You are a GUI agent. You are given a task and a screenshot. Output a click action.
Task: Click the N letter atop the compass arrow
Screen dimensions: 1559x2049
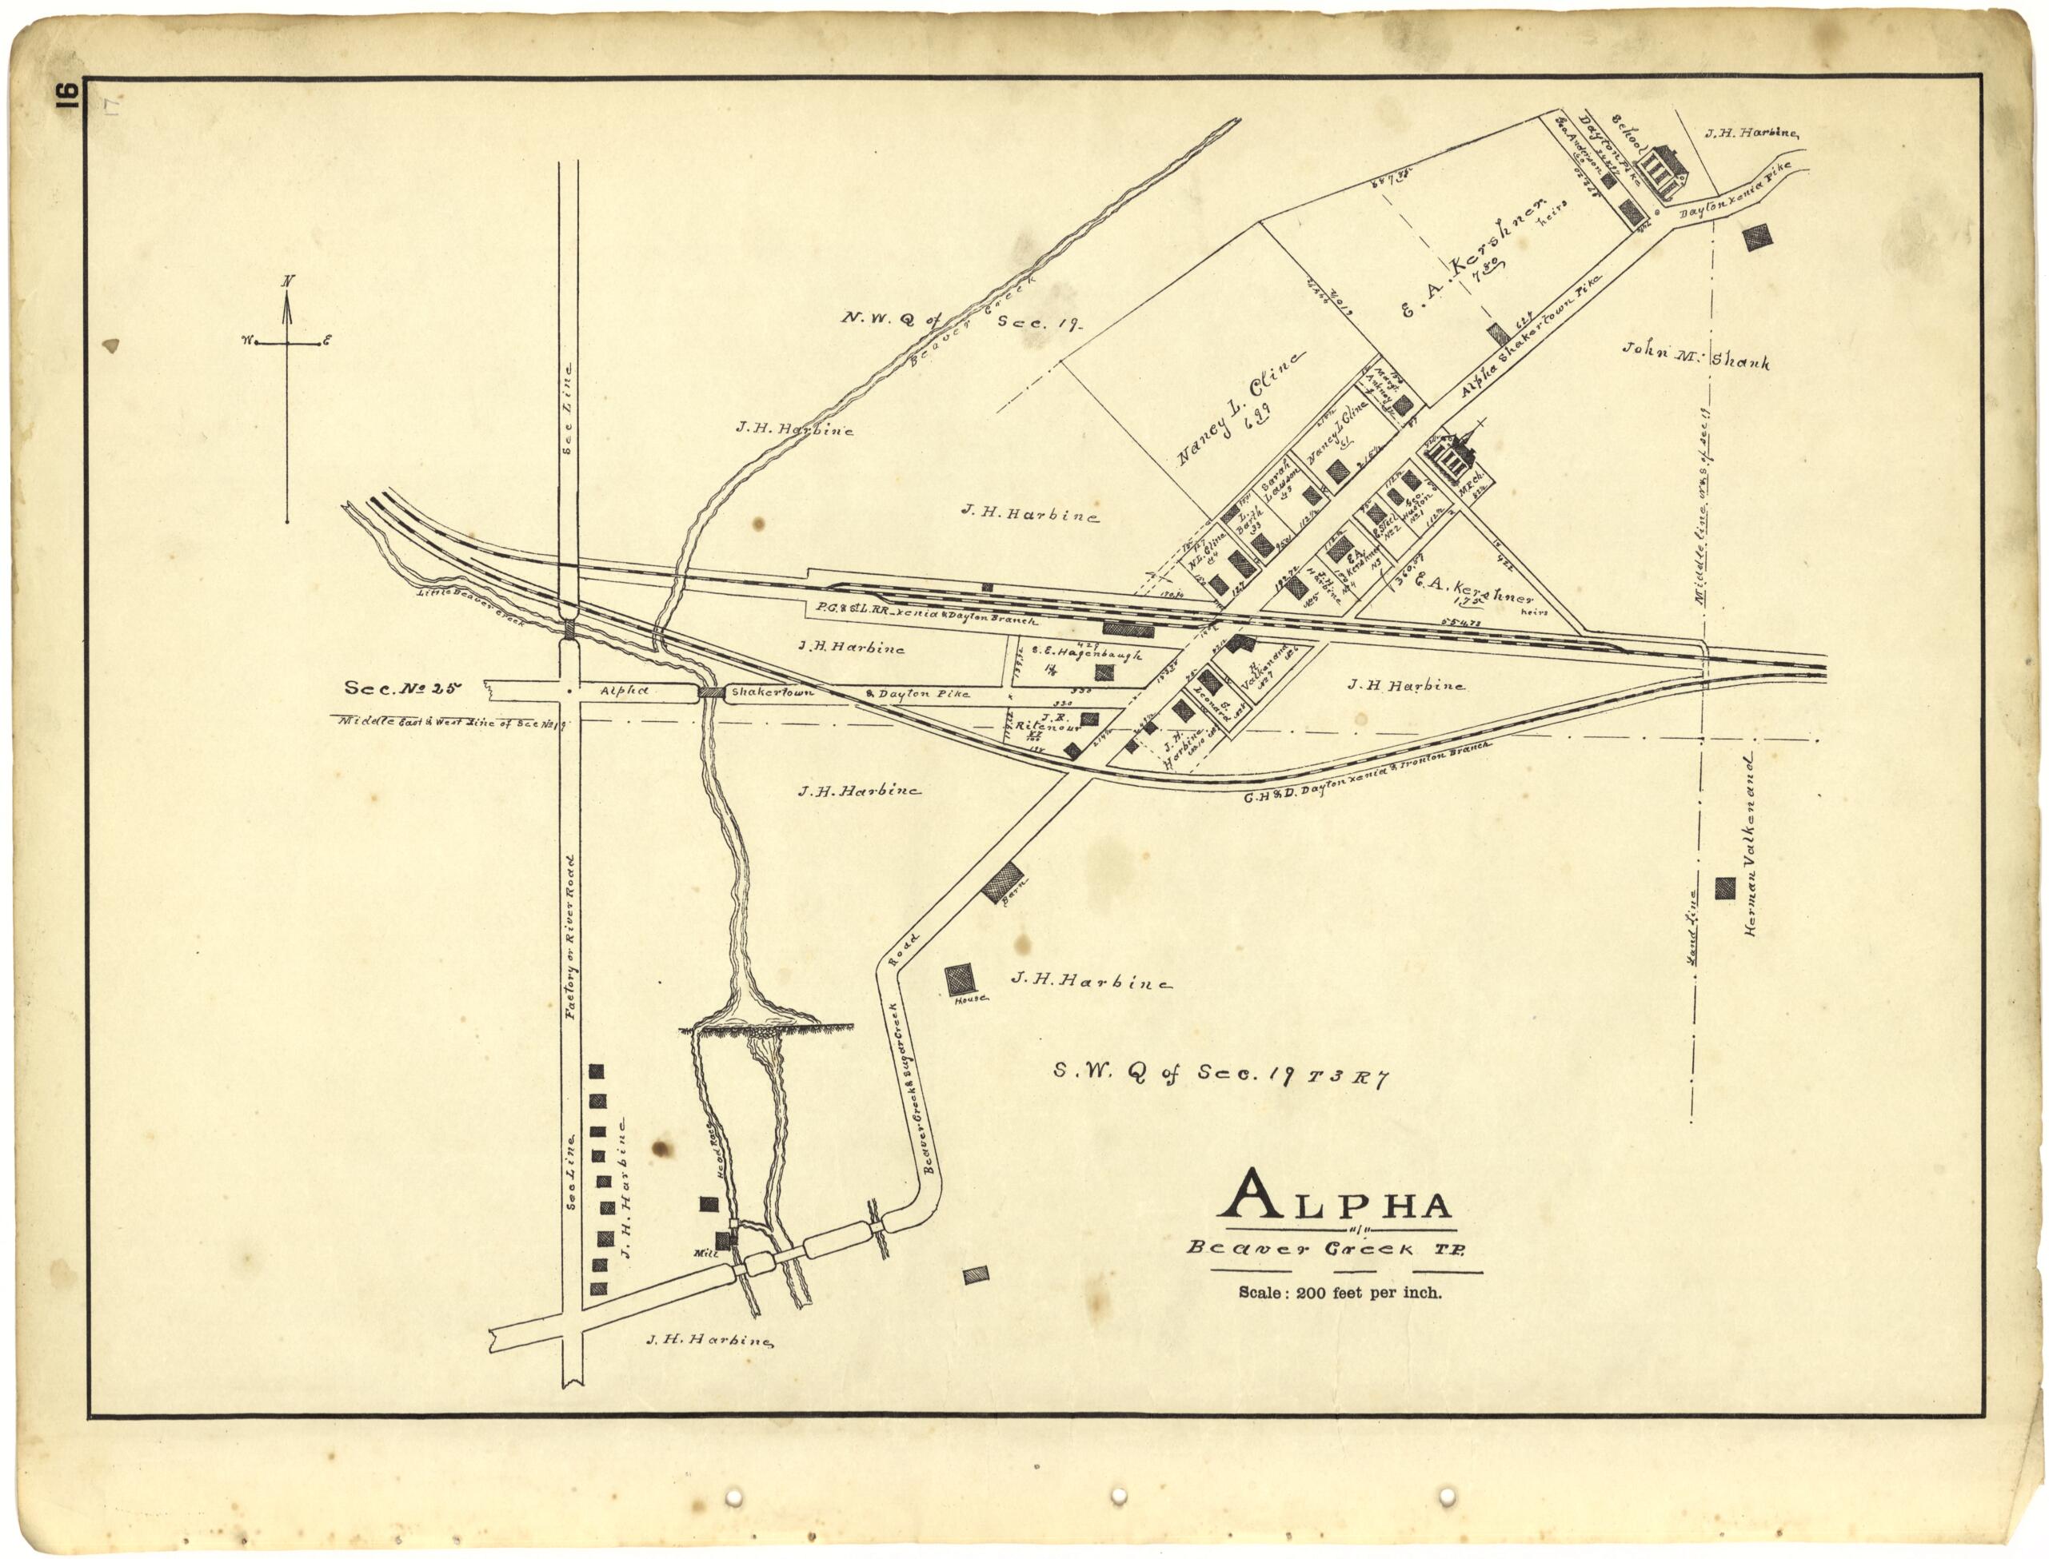[289, 281]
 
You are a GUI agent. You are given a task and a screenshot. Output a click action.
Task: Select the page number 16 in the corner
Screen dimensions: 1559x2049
[68, 97]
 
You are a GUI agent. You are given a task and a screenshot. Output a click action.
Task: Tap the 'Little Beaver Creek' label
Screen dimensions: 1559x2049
[472, 608]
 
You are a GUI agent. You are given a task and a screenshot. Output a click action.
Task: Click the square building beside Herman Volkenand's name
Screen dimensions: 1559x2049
[1725, 888]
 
